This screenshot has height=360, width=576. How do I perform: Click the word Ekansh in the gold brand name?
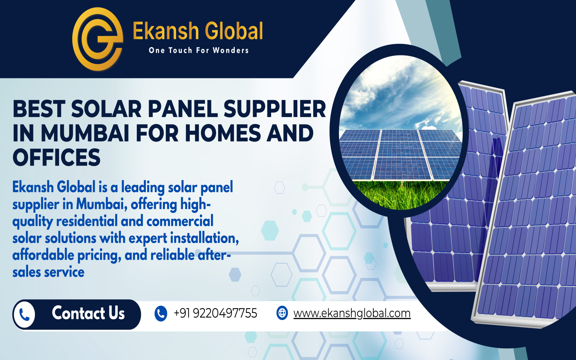click(166, 31)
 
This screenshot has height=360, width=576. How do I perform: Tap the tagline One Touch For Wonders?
click(198, 50)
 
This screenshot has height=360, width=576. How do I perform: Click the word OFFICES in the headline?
click(57, 157)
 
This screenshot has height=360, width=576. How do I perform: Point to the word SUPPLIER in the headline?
click(275, 109)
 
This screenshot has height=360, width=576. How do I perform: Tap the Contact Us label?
click(88, 313)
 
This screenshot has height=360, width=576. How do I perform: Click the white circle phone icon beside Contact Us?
click(24, 315)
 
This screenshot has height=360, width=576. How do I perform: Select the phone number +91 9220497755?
click(216, 313)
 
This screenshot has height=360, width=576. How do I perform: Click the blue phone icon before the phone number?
click(161, 314)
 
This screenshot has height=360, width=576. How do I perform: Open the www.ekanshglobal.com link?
click(352, 313)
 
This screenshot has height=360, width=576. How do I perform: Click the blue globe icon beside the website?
click(282, 313)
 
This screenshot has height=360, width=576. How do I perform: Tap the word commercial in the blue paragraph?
click(180, 221)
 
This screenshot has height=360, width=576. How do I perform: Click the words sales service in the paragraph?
click(48, 272)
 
